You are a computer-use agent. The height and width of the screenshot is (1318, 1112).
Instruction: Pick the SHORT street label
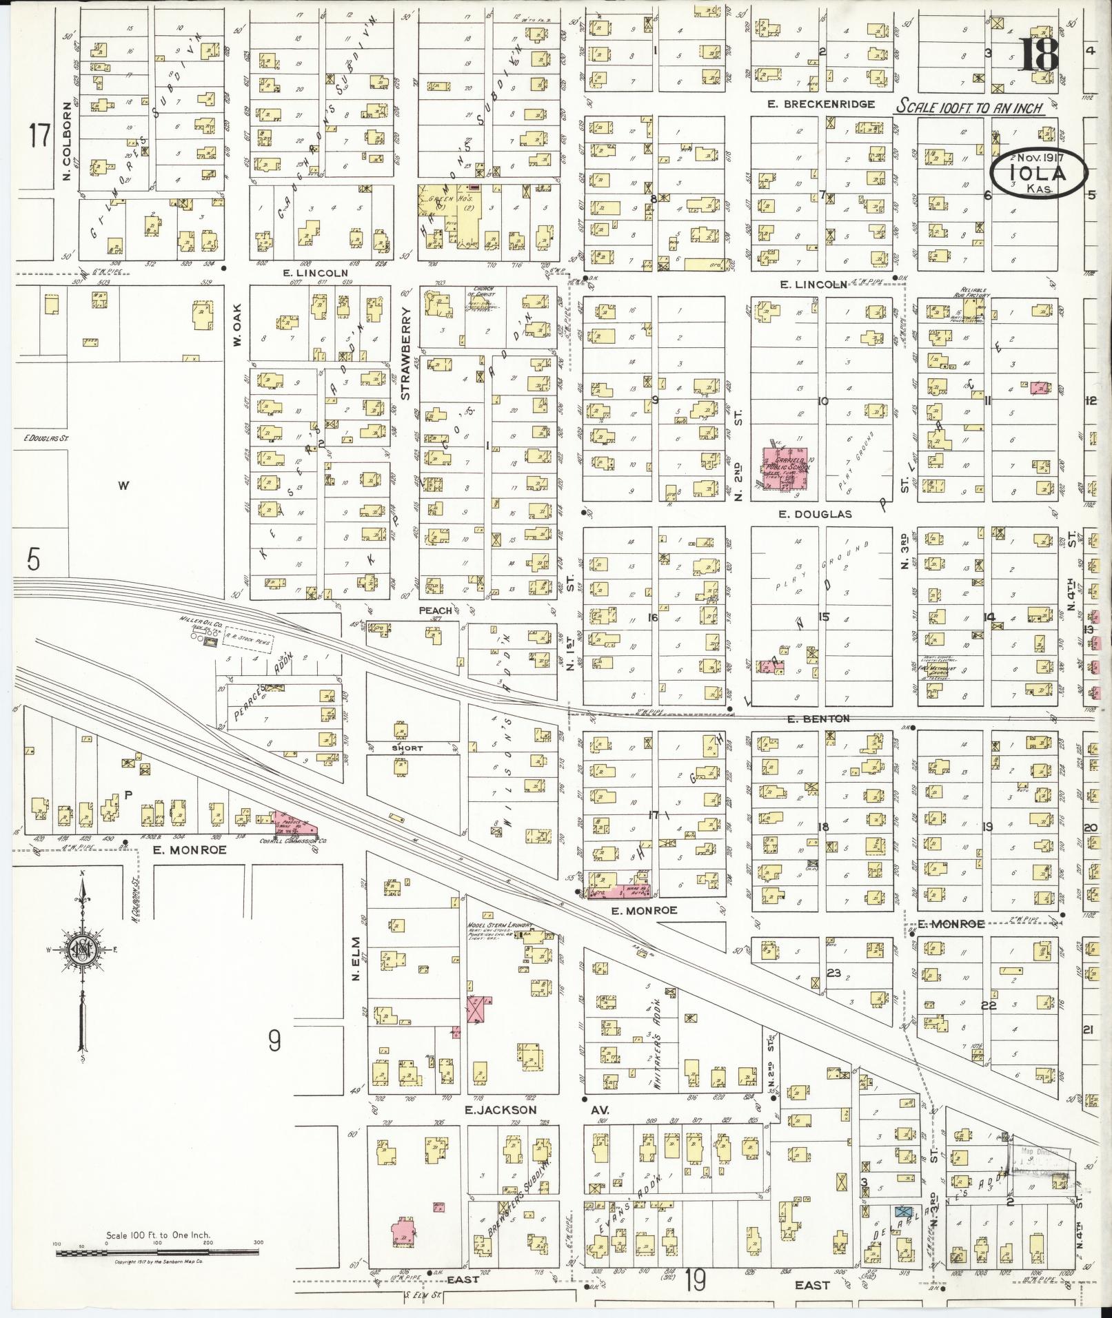[x=407, y=748]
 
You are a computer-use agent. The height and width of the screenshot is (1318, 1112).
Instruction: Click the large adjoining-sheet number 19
[x=696, y=1282]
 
